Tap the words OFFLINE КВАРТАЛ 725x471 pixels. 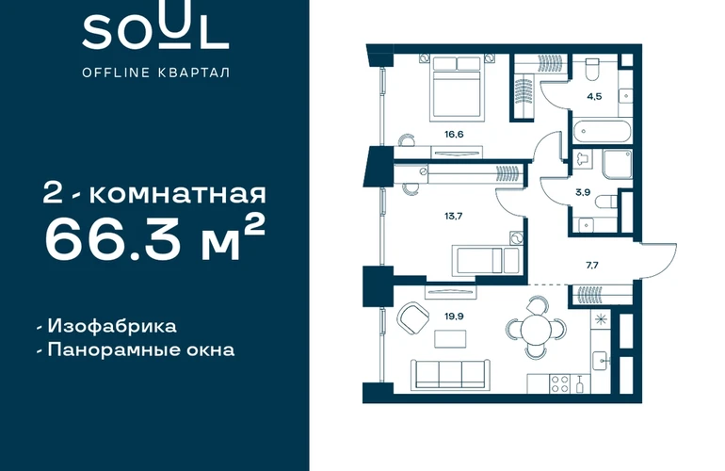tap(155, 73)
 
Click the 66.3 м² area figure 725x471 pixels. tap(155, 239)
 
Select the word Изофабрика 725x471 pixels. tap(112, 326)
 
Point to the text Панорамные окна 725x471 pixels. tap(141, 349)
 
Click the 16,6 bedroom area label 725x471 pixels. tap(454, 135)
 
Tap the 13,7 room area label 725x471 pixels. tap(453, 216)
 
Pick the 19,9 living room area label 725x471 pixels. tap(454, 317)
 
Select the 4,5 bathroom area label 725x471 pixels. tap(594, 97)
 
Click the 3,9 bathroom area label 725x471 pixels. tap(583, 192)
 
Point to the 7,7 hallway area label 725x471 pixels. tap(592, 265)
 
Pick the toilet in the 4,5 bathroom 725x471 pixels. tap(592, 70)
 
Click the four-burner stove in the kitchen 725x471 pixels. tap(560, 383)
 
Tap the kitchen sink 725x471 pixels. tap(601, 361)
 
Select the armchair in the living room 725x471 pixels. tap(413, 317)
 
